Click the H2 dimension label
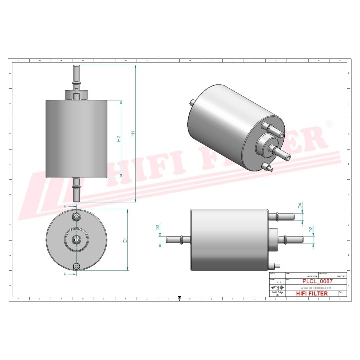coord(119,139)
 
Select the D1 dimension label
coord(126,240)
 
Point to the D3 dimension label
coord(157,228)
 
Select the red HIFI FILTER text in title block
coord(312,293)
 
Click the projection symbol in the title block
coord(277,288)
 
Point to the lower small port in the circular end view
coord(76,267)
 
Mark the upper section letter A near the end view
coord(65,206)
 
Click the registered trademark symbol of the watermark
coord(329,123)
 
